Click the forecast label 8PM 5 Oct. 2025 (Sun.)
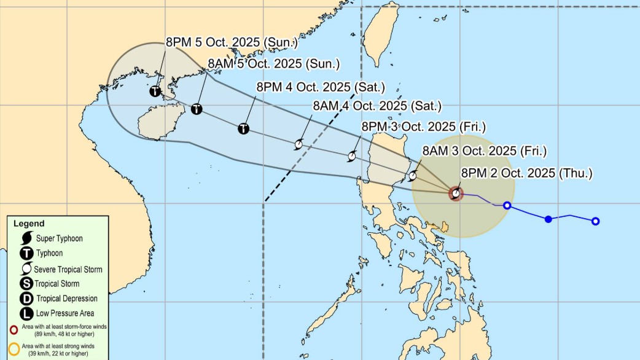pyautogui.click(x=232, y=42)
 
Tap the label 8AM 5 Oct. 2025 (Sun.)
pyautogui.click(x=273, y=63)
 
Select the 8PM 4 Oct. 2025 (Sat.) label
pyautogui.click(x=321, y=86)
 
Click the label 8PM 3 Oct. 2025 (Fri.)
pyautogui.click(x=423, y=127)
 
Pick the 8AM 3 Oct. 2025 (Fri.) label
pyautogui.click(x=484, y=151)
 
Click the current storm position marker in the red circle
pyautogui.click(x=456, y=194)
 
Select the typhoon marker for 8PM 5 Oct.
pyautogui.click(x=155, y=92)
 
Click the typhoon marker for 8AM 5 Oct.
pyautogui.click(x=197, y=109)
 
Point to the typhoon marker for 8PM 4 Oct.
pyautogui.click(x=244, y=128)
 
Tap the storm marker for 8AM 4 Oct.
pyautogui.click(x=299, y=144)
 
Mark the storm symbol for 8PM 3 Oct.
pyautogui.click(x=352, y=155)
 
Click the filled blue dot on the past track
pyautogui.click(x=548, y=219)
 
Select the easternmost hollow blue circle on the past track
pyautogui.click(x=595, y=221)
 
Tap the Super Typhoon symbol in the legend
pyautogui.click(x=26, y=238)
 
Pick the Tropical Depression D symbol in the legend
pyautogui.click(x=26, y=299)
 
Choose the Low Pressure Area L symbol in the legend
pyautogui.click(x=26, y=313)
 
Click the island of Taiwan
pyautogui.click(x=384, y=37)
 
